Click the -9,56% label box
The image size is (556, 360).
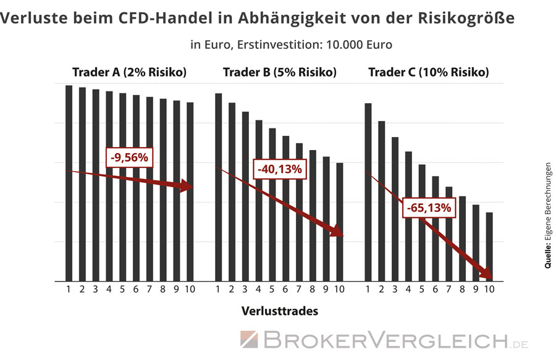point(129,158)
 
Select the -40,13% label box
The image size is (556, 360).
point(278,169)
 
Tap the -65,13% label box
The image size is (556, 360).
point(429,208)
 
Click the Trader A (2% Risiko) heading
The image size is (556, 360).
point(129,72)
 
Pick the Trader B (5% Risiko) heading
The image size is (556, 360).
point(279,72)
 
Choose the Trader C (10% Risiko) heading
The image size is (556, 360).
point(428,72)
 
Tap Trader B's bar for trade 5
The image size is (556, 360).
point(272,204)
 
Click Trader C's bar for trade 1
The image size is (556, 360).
point(368,191)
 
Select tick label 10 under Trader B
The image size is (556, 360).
point(339,289)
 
